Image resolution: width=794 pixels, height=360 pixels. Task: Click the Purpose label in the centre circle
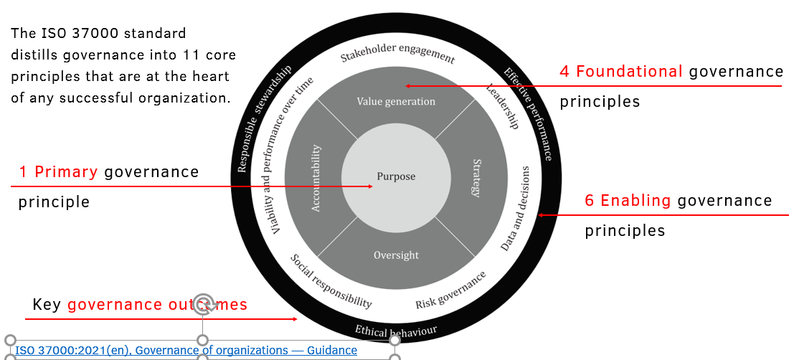[396, 176]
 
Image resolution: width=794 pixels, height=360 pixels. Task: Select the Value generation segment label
[396, 101]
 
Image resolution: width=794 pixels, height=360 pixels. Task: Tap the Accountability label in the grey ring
[316, 179]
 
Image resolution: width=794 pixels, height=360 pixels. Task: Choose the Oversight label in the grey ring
[396, 255]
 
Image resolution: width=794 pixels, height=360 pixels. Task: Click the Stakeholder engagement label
[397, 57]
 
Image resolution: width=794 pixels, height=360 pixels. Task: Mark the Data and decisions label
[516, 209]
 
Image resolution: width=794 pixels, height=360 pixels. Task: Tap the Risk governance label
[450, 290]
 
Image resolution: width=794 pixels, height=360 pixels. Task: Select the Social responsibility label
[331, 282]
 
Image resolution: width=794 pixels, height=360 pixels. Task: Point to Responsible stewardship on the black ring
[264, 119]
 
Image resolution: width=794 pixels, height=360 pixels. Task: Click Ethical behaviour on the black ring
[395, 332]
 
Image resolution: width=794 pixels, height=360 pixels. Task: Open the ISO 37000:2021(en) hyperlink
[186, 350]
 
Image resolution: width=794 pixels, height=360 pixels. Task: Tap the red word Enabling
[635, 201]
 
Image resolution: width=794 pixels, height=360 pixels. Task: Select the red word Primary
[66, 172]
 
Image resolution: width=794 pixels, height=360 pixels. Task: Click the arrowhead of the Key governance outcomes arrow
[295, 319]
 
